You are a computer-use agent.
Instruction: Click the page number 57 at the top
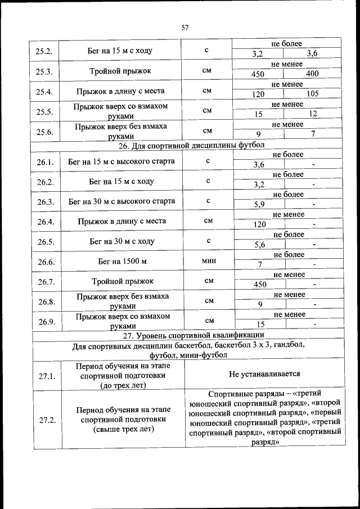(184, 26)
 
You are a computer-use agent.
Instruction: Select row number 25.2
(44, 51)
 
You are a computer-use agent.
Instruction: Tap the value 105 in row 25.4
(312, 94)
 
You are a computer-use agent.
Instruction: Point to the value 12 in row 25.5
(312, 114)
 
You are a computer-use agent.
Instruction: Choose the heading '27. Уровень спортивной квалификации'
(186, 335)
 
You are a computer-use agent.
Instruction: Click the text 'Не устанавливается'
(264, 373)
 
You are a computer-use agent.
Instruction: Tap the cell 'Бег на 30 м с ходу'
(121, 241)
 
